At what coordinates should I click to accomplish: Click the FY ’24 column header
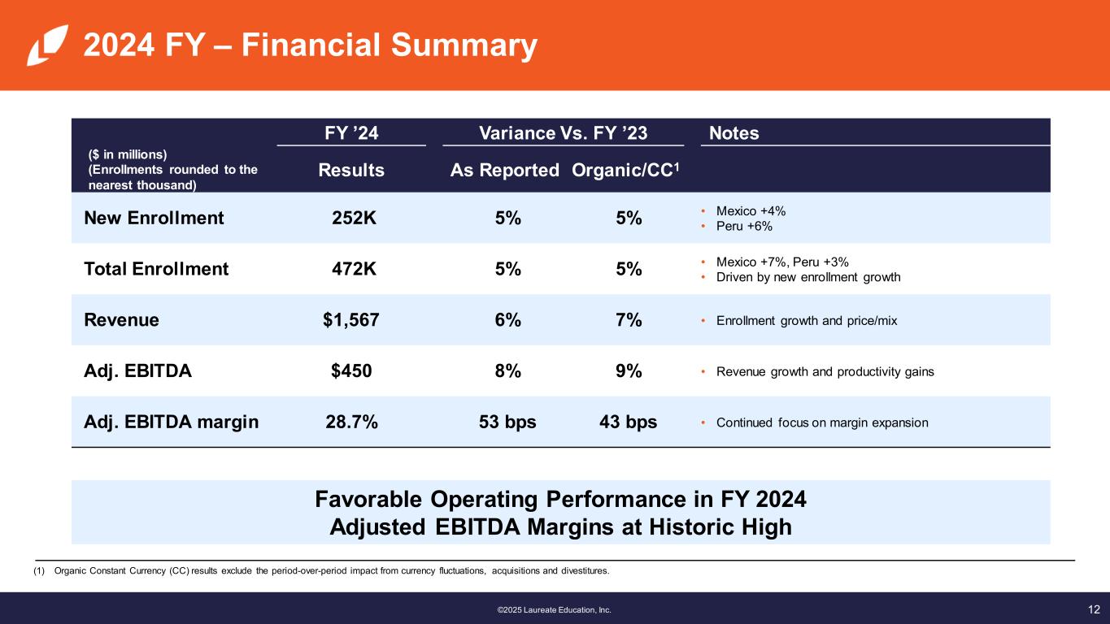351,132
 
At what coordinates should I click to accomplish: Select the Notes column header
733,132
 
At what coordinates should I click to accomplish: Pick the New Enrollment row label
154,218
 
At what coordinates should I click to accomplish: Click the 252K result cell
354,218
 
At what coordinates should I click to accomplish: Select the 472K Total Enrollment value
354,269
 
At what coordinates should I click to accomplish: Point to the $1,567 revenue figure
350,320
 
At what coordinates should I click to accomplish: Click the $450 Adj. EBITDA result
351,371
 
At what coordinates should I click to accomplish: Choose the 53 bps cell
507,422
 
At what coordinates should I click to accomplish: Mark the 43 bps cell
628,422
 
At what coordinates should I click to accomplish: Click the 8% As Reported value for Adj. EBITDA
507,371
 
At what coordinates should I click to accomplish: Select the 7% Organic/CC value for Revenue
628,320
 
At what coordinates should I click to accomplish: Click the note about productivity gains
825,372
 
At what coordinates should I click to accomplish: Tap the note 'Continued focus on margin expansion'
821,422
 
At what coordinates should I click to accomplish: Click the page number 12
1094,609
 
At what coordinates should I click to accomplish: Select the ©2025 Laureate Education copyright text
554,609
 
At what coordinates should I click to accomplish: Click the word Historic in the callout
681,527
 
